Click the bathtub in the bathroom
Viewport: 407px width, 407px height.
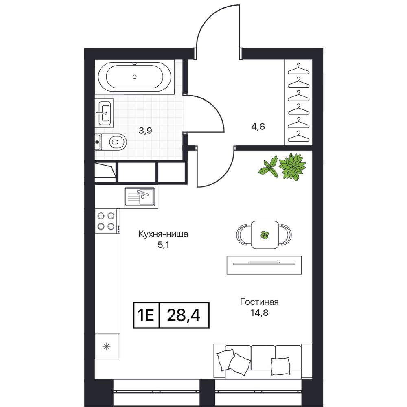pyautogui.click(x=134, y=77)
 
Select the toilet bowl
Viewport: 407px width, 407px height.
pyautogui.click(x=111, y=142)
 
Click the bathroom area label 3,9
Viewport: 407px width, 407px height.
pyautogui.click(x=145, y=131)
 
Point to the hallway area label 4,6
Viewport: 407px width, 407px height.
pyautogui.click(x=258, y=127)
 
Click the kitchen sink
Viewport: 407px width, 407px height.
pyautogui.click(x=140, y=197)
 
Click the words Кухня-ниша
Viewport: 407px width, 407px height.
pyautogui.click(x=163, y=234)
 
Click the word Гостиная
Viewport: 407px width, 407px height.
pyautogui.click(x=259, y=302)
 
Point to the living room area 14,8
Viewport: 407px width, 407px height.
pyautogui.click(x=259, y=313)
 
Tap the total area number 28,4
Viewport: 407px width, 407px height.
pyautogui.click(x=184, y=315)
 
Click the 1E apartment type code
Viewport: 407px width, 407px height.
pyautogui.click(x=146, y=315)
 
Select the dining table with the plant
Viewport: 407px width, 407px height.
pyautogui.click(x=265, y=235)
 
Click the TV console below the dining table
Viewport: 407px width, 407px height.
pyautogui.click(x=264, y=265)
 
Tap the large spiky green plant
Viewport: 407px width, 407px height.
pyautogui.click(x=292, y=166)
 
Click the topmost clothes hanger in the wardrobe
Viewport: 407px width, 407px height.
pyautogui.click(x=298, y=68)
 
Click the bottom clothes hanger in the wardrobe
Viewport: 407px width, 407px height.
pyautogui.click(x=298, y=136)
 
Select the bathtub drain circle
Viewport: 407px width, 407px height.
pyautogui.click(x=134, y=77)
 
